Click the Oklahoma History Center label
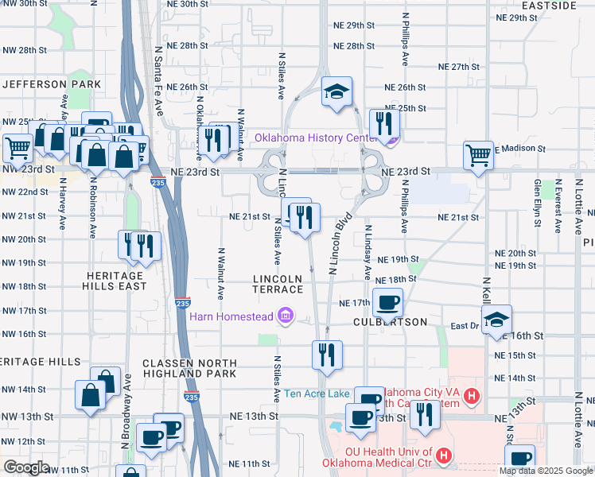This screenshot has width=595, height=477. tap(315, 138)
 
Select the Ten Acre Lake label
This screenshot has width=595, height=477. tap(317, 393)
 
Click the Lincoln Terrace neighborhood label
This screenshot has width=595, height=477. tap(278, 284)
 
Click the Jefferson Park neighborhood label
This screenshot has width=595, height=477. tap(52, 83)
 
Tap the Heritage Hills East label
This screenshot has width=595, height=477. tap(116, 280)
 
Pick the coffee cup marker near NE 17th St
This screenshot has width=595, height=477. tap(388, 302)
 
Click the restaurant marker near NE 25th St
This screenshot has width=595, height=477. tap(383, 123)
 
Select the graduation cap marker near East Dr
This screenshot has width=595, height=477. tap(497, 320)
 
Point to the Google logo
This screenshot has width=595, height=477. tap(26, 467)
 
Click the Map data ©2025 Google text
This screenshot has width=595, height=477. tap(545, 471)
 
